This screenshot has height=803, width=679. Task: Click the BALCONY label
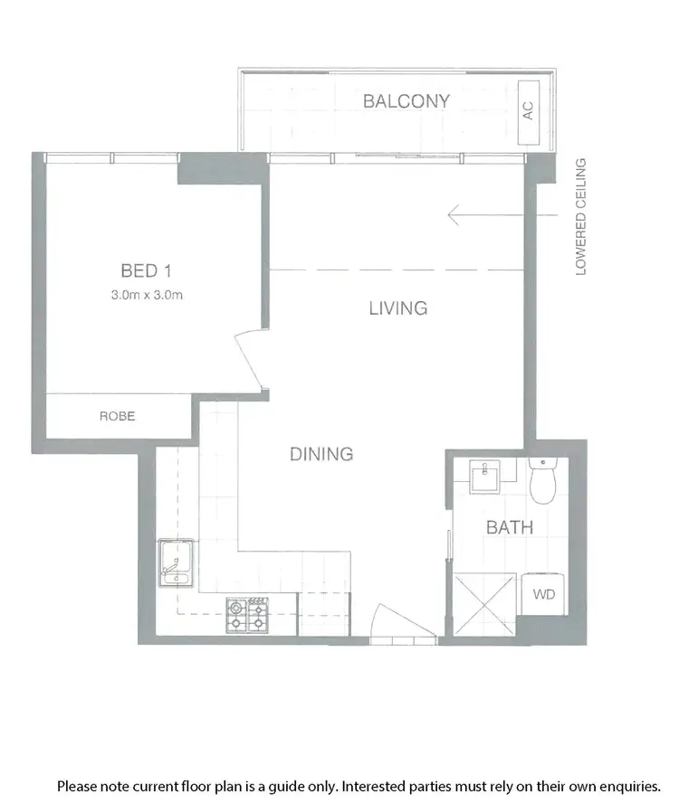tap(406, 100)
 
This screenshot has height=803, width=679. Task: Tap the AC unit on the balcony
tap(527, 112)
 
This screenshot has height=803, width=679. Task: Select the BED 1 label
tap(146, 269)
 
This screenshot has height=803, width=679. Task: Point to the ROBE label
tap(118, 416)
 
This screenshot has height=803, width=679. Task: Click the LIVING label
tap(397, 308)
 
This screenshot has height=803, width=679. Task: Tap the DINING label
tap(320, 454)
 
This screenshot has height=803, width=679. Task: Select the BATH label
tap(509, 527)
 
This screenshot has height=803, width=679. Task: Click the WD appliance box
tap(543, 594)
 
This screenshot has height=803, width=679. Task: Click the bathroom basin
tap(487, 475)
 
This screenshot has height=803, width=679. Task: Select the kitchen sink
tap(177, 564)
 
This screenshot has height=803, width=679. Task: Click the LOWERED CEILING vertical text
tap(581, 217)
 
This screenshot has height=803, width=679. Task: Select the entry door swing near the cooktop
tap(387, 622)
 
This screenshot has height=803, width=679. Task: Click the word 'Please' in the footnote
tap(78, 787)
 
